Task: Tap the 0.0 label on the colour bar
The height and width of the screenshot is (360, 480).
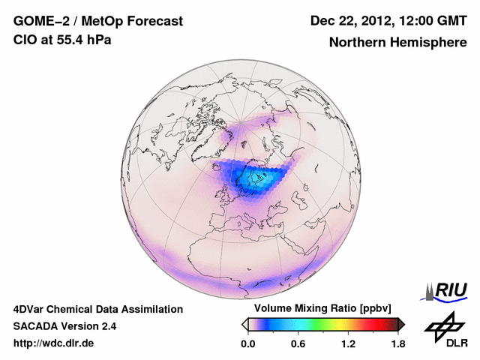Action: point(249,343)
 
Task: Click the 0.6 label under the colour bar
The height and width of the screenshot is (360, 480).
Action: point(298,343)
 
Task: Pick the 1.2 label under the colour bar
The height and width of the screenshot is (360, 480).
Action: point(348,343)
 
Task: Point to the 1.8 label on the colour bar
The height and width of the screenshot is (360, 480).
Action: point(397,343)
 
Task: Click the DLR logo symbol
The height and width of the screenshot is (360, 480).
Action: point(443,327)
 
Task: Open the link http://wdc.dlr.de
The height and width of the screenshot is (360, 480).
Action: point(55,343)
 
